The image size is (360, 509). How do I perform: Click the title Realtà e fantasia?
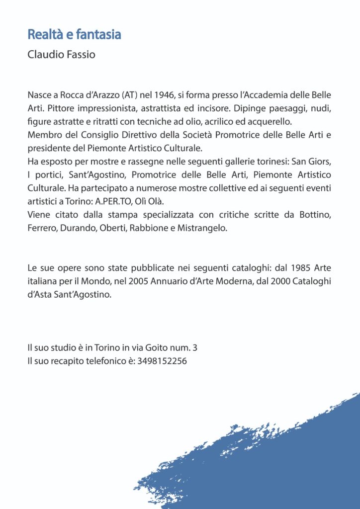[x=75, y=35]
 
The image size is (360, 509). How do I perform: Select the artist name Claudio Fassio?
[x=62, y=54]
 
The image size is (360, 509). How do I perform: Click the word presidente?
[x=48, y=148]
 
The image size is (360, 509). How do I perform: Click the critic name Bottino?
[x=315, y=215]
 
